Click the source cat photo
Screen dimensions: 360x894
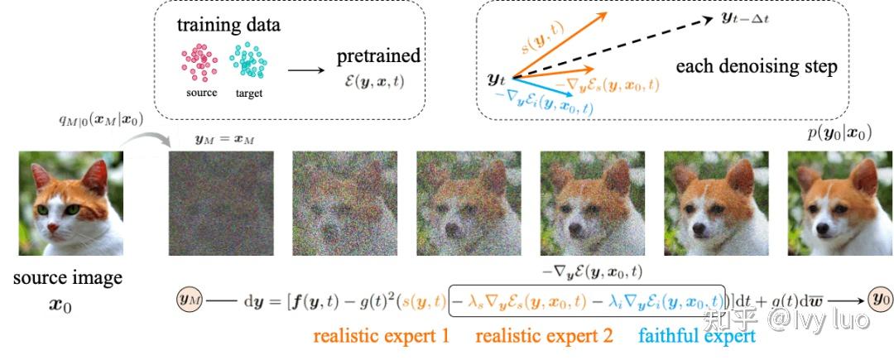pyautogui.click(x=70, y=202)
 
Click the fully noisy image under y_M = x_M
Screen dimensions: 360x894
pyautogui.click(x=219, y=204)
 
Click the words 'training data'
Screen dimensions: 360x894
pyautogui.click(x=228, y=24)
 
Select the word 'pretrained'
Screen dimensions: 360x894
pyautogui.click(x=378, y=56)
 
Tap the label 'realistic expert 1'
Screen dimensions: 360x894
pyautogui.click(x=381, y=337)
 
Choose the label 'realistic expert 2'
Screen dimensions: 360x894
pyautogui.click(x=545, y=337)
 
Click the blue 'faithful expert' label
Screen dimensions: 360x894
pyautogui.click(x=698, y=337)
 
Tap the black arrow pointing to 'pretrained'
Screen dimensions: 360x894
pyautogui.click(x=305, y=69)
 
